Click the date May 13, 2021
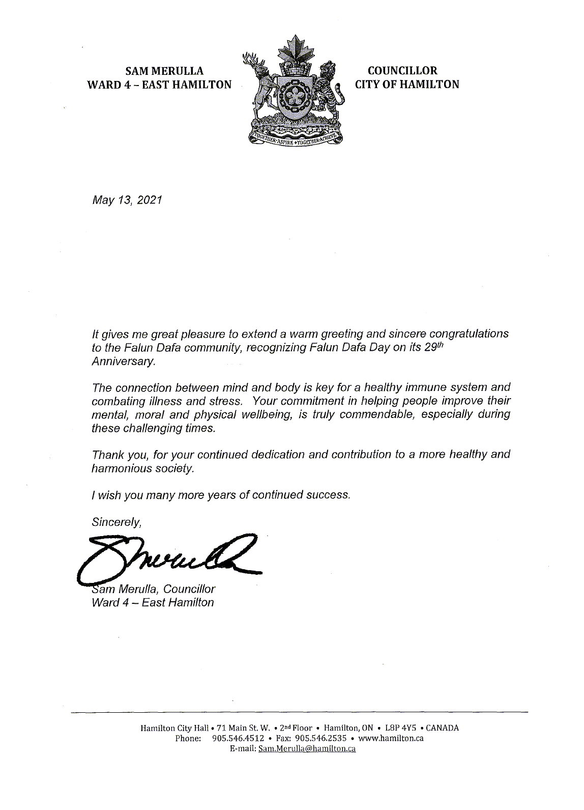pyautogui.click(x=127, y=201)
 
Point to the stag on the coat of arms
pyautogui.click(x=260, y=81)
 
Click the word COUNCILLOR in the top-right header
pyautogui.click(x=402, y=71)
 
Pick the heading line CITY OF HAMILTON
pyautogui.click(x=407, y=85)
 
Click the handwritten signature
pyautogui.click(x=168, y=558)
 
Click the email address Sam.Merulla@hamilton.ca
pyautogui.click(x=307, y=749)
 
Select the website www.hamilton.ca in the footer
pyautogui.click(x=391, y=738)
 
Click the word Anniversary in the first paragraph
pyautogui.click(x=122, y=362)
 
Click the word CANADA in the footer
pyautogui.click(x=442, y=728)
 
